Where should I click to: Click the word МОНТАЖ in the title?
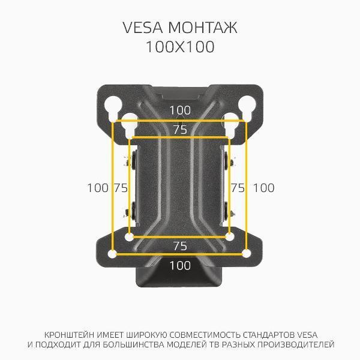(203, 28)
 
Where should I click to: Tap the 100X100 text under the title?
(180, 47)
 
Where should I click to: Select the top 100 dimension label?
(180, 110)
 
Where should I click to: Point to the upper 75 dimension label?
(180, 130)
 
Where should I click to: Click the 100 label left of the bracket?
(98, 188)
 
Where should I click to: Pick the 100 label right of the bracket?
(263, 188)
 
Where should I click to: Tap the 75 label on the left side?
(121, 188)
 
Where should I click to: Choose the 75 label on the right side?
(238, 188)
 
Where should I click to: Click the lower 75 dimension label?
(180, 246)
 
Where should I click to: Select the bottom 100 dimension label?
(180, 265)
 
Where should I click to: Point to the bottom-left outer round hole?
(113, 254)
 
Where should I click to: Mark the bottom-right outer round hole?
(247, 254)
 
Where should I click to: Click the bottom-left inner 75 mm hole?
(129, 237)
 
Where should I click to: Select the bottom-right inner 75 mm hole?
(230, 236)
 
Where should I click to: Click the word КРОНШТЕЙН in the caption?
(69, 335)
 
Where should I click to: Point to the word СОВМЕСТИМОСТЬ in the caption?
(205, 335)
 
